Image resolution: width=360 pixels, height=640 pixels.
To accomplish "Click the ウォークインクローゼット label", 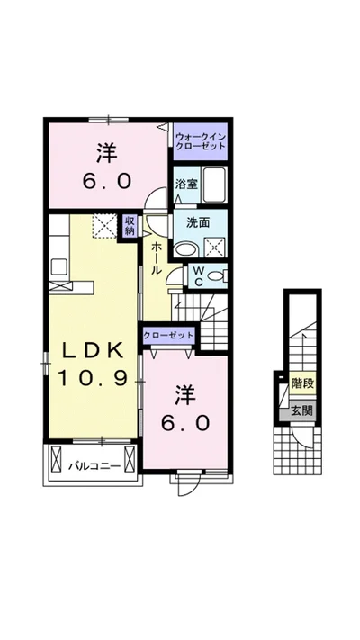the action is (200, 140).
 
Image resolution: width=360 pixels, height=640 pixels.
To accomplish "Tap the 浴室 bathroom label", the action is (187, 185).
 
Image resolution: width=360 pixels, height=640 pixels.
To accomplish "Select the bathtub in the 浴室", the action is (214, 185).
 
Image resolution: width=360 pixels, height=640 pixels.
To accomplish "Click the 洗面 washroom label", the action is (198, 223).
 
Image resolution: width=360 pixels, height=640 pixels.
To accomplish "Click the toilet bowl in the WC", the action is (216, 276).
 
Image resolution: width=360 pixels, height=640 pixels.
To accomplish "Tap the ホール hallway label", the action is (157, 258).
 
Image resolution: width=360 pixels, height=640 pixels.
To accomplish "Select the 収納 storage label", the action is (130, 225).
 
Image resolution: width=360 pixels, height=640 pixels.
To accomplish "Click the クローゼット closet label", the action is (168, 336).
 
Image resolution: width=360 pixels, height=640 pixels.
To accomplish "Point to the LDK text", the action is (93, 351).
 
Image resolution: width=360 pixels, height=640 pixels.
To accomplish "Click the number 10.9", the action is (93, 378).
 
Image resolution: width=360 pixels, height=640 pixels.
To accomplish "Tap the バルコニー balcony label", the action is (94, 465).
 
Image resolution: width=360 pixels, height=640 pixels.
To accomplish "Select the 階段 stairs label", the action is (303, 383).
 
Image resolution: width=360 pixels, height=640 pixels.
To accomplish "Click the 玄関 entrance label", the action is (303, 411).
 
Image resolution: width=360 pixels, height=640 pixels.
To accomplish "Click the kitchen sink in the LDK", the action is (60, 267).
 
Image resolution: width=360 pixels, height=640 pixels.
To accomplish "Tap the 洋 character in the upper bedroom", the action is (107, 154).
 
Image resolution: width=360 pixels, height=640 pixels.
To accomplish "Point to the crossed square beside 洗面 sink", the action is (215, 247).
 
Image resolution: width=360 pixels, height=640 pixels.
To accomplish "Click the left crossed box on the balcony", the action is (56, 459).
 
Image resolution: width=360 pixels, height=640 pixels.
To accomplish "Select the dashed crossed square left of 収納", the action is (104, 225).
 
